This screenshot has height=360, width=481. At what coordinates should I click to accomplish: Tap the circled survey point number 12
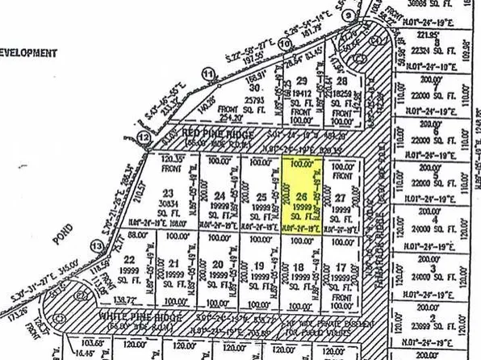[x=144, y=138]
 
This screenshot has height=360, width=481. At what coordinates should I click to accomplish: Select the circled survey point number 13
[x=98, y=245]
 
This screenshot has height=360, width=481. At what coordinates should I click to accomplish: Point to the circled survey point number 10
[x=283, y=43]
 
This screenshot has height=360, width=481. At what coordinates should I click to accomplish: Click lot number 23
[x=168, y=192]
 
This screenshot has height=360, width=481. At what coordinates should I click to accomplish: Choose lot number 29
[x=302, y=81]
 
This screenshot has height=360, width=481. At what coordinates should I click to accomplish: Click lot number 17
[x=342, y=266]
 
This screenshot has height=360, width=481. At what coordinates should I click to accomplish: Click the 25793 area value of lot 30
[x=253, y=100]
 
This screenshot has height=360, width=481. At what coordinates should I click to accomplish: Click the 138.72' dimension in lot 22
[x=125, y=298]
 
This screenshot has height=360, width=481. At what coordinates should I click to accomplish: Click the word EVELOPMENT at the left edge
[x=29, y=53]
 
